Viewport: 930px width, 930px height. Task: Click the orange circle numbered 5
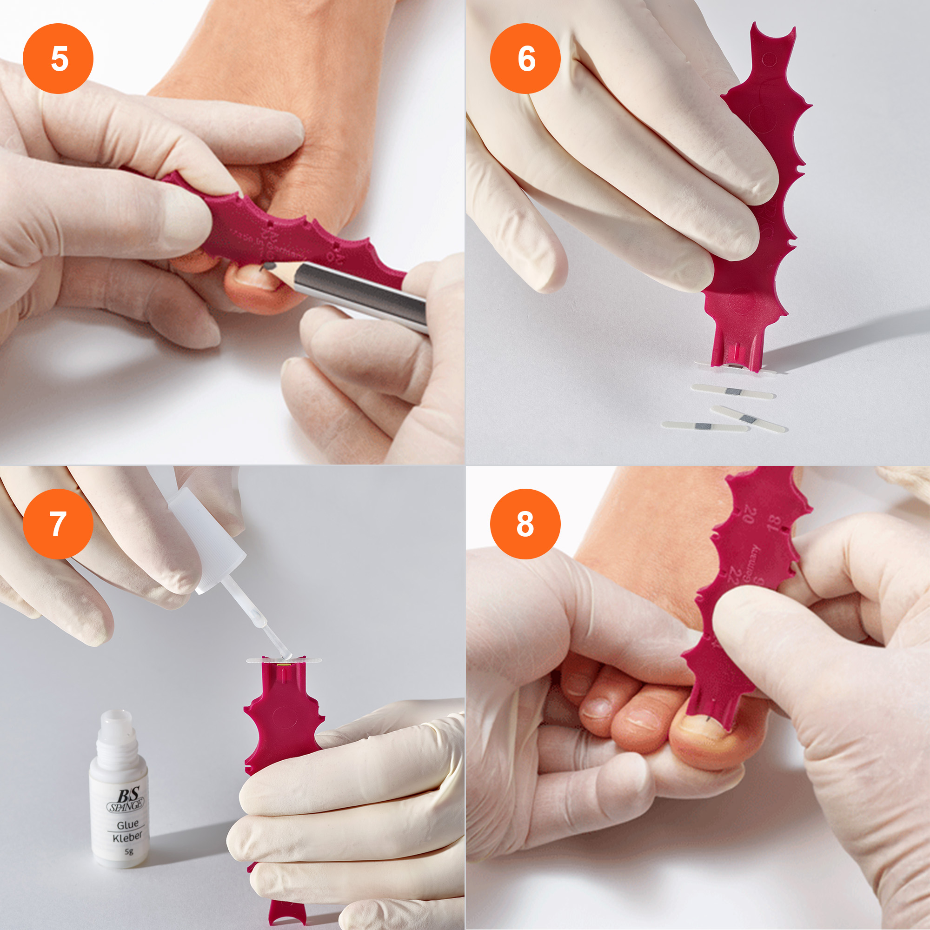coord(58,58)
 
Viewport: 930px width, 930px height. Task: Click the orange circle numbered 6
coord(525,58)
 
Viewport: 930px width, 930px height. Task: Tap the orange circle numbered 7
coord(58,524)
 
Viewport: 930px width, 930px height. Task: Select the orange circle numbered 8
coord(525,524)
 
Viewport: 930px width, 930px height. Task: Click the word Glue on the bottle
coord(127,824)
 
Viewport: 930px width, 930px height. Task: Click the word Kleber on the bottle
coord(127,837)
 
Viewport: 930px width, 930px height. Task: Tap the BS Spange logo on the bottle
coord(126,799)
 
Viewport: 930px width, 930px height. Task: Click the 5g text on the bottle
coord(129,851)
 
